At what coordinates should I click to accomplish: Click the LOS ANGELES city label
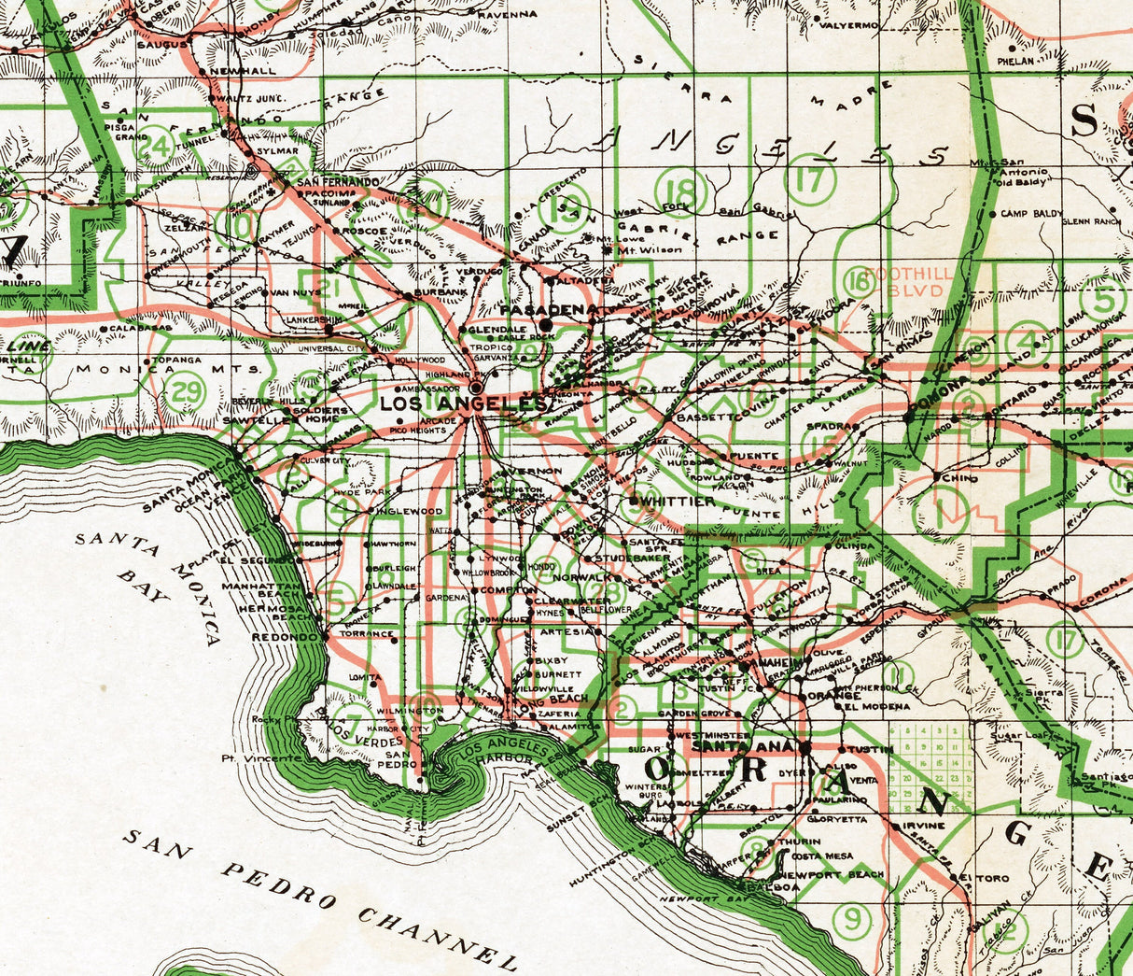pyautogui.click(x=462, y=403)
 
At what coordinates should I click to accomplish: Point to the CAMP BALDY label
pyautogui.click(x=1031, y=214)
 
